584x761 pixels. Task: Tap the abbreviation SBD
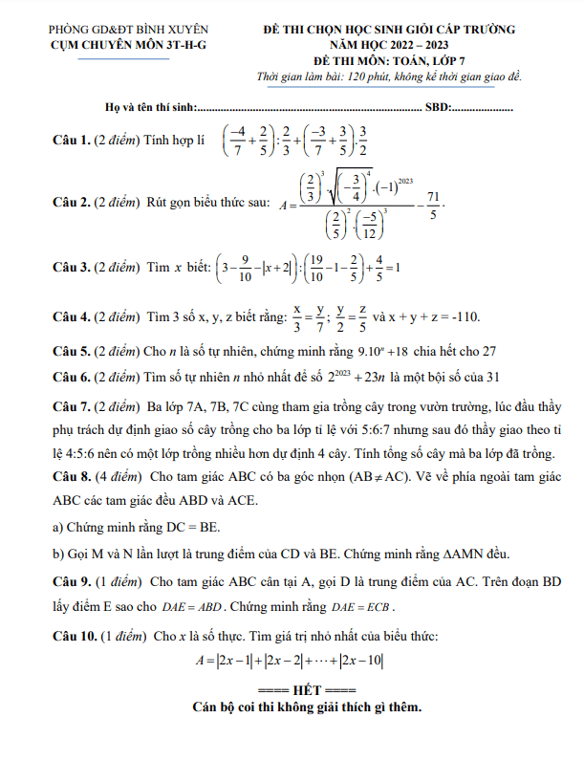(438, 106)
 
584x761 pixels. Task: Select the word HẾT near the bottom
(308, 691)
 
